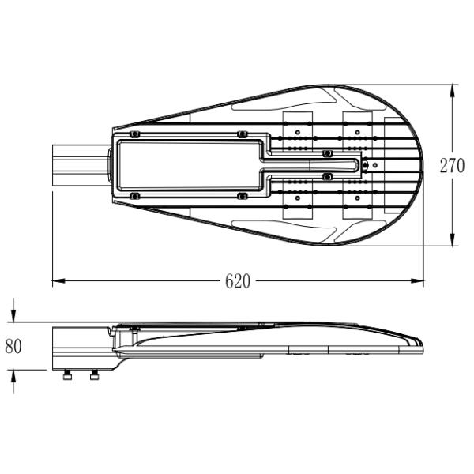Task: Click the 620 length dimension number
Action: [238, 281]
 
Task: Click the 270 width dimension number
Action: [453, 166]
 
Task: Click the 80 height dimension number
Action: [13, 346]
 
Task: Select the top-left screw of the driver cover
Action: [134, 134]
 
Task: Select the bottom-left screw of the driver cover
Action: [134, 195]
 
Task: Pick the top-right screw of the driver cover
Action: [242, 134]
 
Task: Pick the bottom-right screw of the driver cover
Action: [242, 195]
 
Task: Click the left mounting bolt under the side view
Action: [69, 374]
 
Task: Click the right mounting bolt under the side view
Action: [95, 374]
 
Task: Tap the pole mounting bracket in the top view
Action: [79, 164]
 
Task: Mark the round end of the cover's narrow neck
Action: [364, 165]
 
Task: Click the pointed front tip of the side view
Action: [421, 347]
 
